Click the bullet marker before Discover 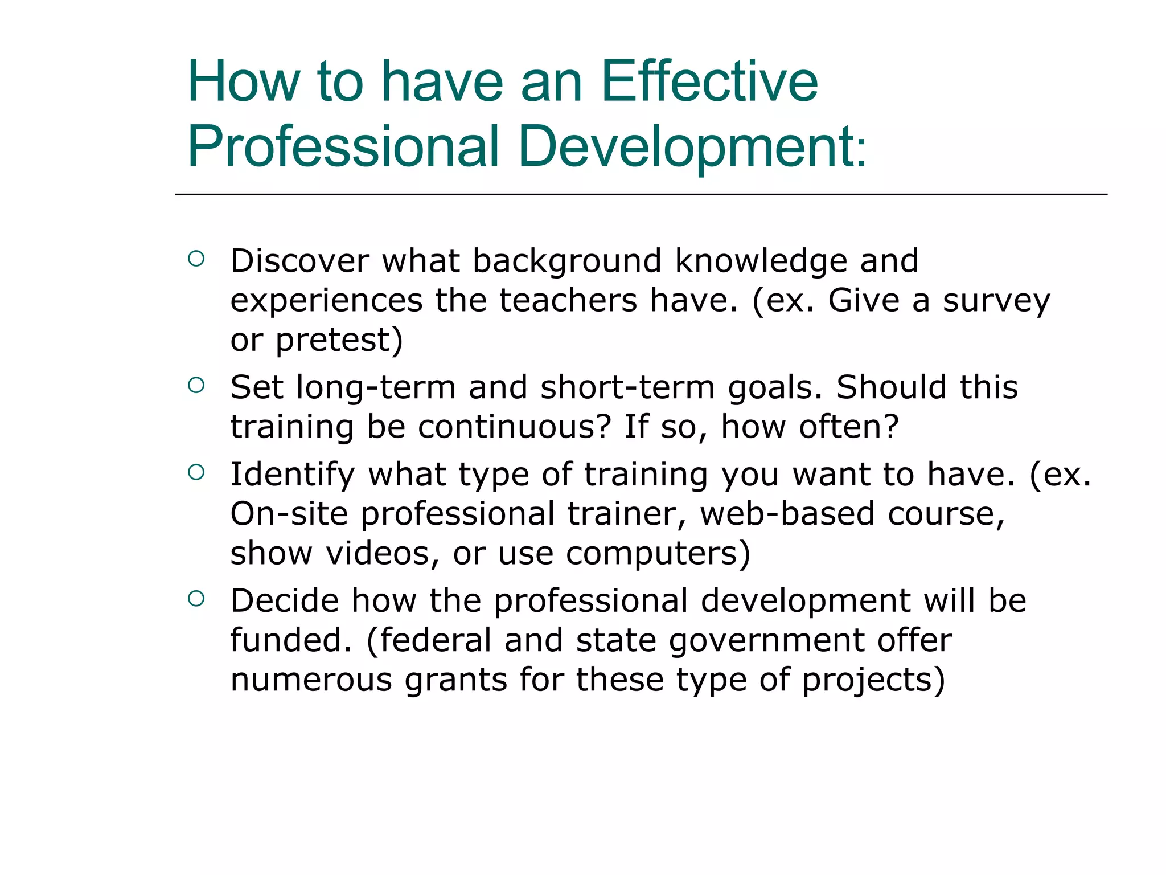click(196, 259)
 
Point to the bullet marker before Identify click(196, 472)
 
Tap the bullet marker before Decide click(196, 599)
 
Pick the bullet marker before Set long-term click(196, 386)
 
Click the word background click(566, 261)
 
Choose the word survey click(996, 301)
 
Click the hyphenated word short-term click(627, 387)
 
